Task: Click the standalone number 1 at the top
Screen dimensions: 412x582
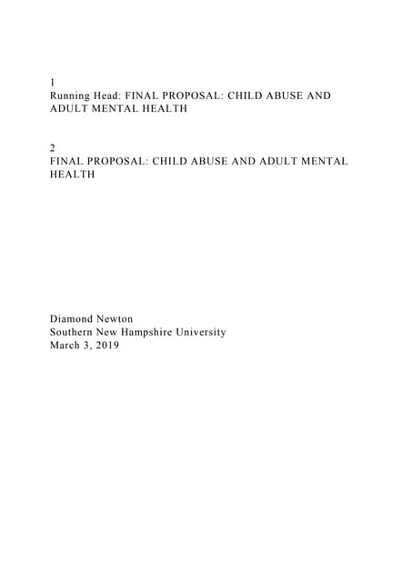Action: click(53, 82)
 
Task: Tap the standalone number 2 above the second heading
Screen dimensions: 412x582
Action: click(53, 147)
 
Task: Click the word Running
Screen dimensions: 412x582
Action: click(73, 95)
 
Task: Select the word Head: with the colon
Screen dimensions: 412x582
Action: click(116, 95)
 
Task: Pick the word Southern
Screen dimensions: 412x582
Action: click(75, 332)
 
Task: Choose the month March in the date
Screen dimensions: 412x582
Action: click(67, 346)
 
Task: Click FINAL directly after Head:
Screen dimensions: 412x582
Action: click(156, 95)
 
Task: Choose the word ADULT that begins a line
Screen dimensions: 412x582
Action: click(68, 108)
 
